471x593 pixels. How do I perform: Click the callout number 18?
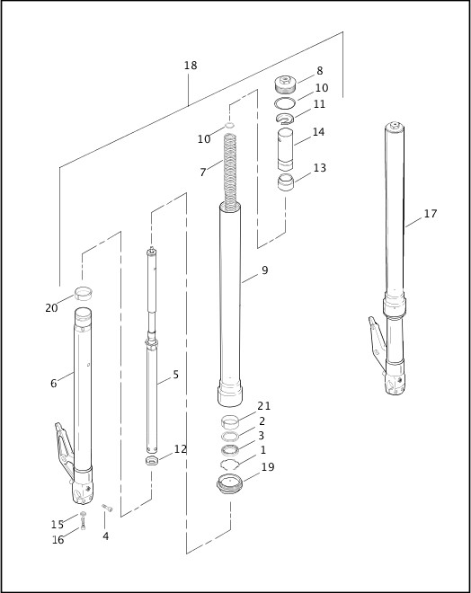(190, 66)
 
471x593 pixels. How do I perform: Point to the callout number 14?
(318, 132)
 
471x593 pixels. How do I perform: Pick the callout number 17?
(431, 214)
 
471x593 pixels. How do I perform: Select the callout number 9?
(264, 270)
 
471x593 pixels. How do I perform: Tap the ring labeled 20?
(84, 293)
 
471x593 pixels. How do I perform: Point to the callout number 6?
(54, 384)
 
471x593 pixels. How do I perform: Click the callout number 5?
(175, 375)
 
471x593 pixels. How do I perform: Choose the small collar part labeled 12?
(152, 461)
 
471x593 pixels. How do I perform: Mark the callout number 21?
(263, 406)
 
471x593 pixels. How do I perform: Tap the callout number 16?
(58, 540)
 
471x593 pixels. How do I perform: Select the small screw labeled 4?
(107, 509)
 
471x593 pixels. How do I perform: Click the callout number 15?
(58, 525)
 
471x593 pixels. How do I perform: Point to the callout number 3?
(262, 435)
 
